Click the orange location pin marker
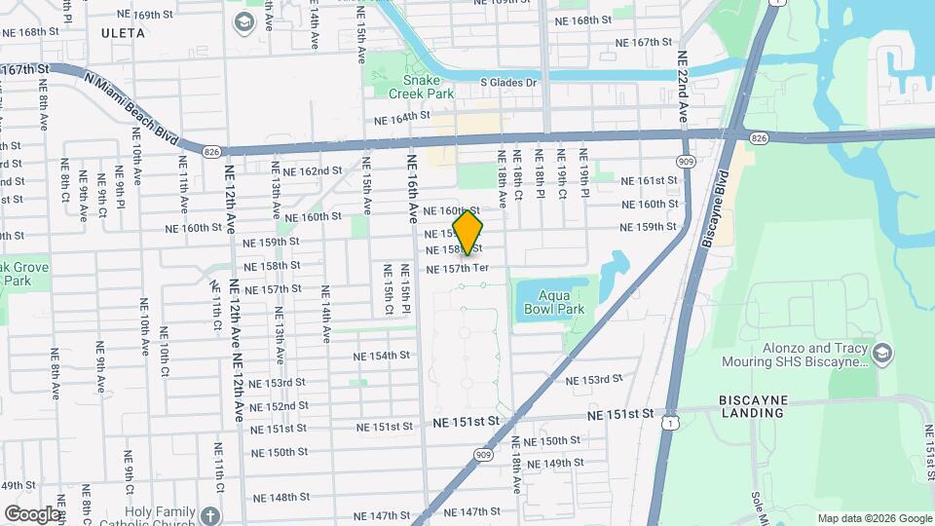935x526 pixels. pos(468,232)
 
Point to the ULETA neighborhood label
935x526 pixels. pos(123,33)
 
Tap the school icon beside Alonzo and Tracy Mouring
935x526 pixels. pos(883,351)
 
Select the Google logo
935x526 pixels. pos(32,513)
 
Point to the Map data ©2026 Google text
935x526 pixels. pos(874,518)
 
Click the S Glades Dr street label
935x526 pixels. pos(509,83)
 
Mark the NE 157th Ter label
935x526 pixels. pos(456,268)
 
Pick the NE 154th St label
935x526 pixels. pos(383,355)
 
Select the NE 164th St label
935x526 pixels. pos(402,117)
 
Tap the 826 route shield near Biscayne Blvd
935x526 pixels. pos(760,139)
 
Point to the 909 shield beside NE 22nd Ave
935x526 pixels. pos(689,161)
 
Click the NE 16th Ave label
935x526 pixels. pos(412,185)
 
